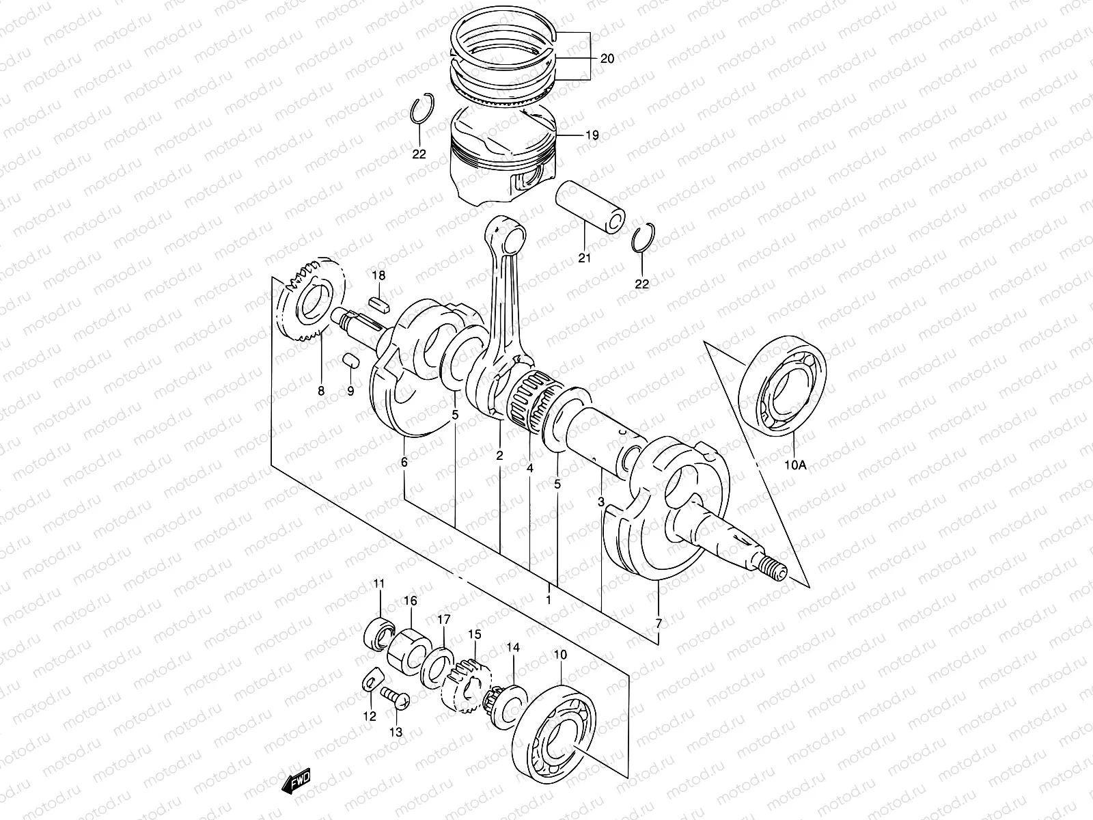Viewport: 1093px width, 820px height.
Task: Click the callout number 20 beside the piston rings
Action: [607, 59]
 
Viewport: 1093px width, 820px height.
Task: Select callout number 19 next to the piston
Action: [592, 135]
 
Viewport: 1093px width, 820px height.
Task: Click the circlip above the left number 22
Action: [421, 109]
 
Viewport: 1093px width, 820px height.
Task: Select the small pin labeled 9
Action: [350, 359]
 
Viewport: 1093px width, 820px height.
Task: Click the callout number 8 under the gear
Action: [320, 392]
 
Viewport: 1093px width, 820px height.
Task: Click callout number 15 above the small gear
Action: [475, 635]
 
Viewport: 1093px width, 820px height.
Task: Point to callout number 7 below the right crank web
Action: [659, 623]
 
